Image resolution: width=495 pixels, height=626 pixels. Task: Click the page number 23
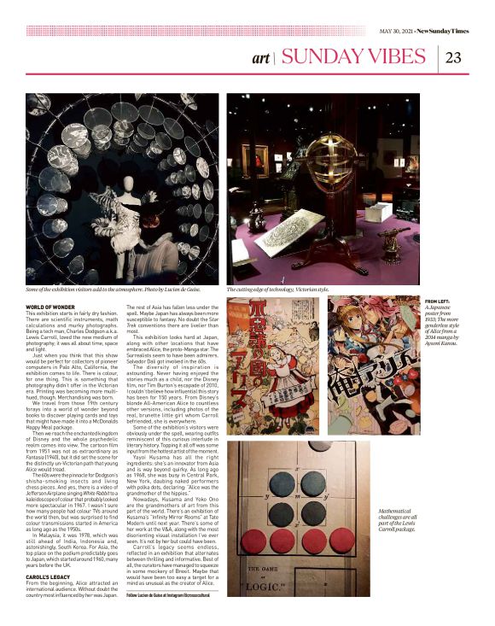(x=453, y=58)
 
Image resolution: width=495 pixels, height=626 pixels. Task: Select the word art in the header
(x=261, y=59)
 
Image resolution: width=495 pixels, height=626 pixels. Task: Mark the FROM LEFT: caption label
(x=440, y=301)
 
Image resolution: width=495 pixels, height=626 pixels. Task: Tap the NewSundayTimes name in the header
(x=450, y=31)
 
